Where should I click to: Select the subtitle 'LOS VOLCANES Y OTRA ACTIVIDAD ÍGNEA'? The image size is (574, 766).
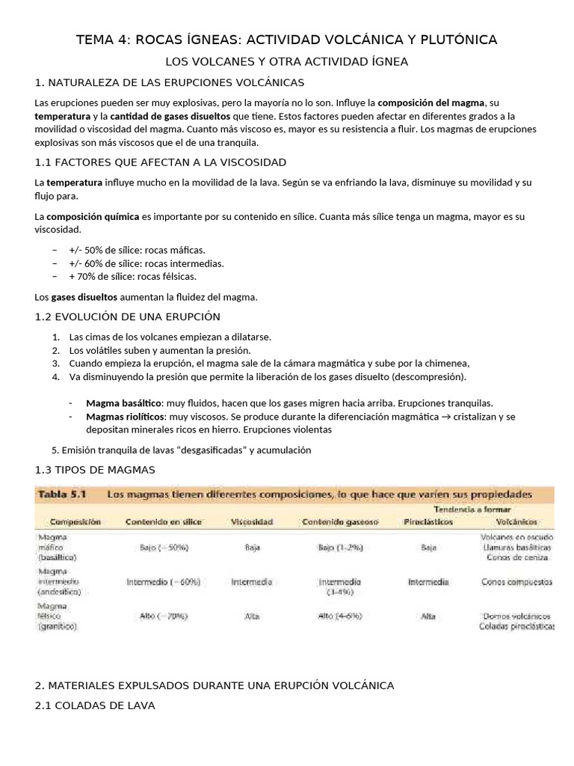pos(286,61)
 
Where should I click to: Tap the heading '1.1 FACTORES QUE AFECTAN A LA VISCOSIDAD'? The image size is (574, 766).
pos(161,162)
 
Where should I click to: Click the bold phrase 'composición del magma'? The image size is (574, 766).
pos(431,102)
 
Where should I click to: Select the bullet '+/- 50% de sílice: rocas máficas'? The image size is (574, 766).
pos(137,250)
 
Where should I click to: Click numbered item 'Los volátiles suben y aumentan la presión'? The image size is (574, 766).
pos(160,350)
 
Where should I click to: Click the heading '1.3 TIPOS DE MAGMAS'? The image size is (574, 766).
pos(95,470)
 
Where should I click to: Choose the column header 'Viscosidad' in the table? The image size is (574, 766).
pos(253,521)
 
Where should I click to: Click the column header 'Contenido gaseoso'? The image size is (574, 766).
pos(340,521)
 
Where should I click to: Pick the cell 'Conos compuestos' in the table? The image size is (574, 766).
pos(516,581)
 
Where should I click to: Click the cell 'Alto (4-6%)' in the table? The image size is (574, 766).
pos(340,616)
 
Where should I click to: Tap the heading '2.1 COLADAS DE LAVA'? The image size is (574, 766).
pos(95,705)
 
